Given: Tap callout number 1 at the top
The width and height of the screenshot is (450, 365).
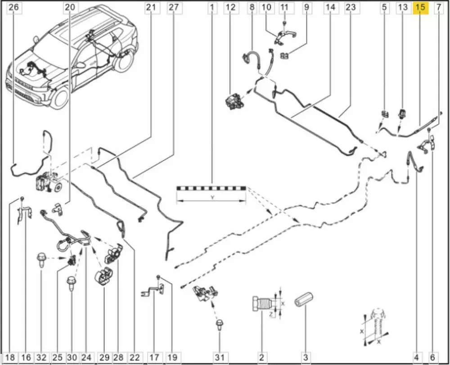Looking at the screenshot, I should tap(212, 7).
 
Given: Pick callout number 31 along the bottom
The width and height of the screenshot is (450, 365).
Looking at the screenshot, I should tap(219, 358).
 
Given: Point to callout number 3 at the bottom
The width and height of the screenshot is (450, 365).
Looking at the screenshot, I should tap(306, 358).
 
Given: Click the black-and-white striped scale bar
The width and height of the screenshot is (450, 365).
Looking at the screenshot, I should tap(211, 188).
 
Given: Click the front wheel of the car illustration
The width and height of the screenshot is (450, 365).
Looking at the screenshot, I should tap(60, 98).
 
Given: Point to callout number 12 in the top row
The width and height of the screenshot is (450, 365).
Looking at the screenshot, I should tap(230, 7).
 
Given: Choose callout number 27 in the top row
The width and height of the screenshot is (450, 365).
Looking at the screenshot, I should tap(173, 7).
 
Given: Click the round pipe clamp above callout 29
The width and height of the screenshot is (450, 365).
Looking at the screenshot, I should tap(102, 275).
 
